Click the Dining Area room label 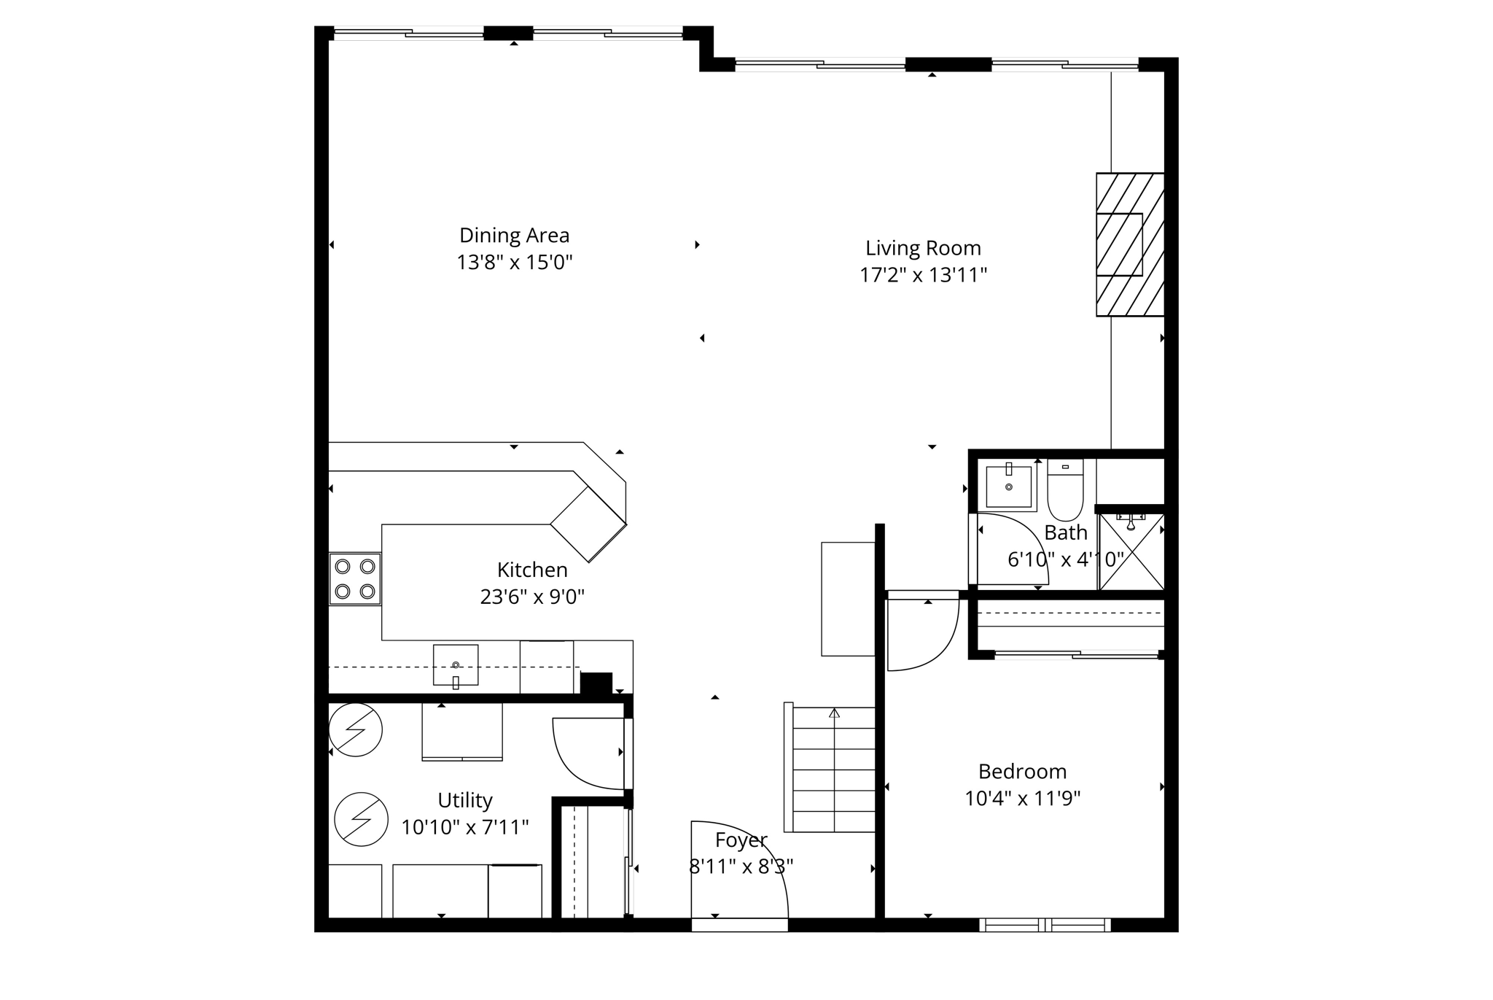coord(514,236)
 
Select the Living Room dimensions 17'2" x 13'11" coord(923,276)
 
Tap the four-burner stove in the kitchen coord(355,578)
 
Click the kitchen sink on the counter coord(456,665)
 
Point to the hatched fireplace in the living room coord(1129,244)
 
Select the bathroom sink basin coord(1009,487)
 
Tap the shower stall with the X coord(1131,552)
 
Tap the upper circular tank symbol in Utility coord(355,729)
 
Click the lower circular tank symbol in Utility coord(361,819)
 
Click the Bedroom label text coord(1022,772)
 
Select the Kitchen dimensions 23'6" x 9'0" coord(532,597)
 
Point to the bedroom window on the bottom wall coord(1045,925)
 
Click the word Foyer coord(741,840)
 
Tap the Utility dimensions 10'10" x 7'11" coord(465,828)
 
